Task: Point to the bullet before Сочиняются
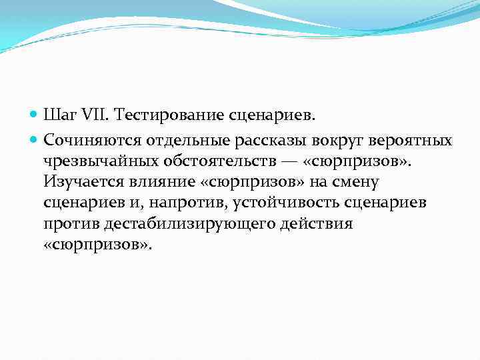click(x=34, y=141)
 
